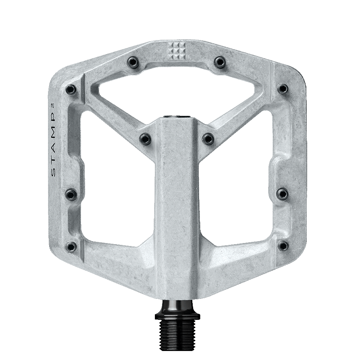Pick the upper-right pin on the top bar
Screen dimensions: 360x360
[x=220, y=61]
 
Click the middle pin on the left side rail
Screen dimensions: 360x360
[x=71, y=194]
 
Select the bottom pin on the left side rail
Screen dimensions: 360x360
[x=71, y=246]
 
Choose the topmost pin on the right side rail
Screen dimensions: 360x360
[x=283, y=89]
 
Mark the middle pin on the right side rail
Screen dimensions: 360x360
[x=283, y=193]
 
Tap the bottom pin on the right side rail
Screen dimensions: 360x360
[x=284, y=246]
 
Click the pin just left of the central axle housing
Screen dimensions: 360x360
[x=145, y=138]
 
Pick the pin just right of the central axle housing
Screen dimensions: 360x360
[x=208, y=138]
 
